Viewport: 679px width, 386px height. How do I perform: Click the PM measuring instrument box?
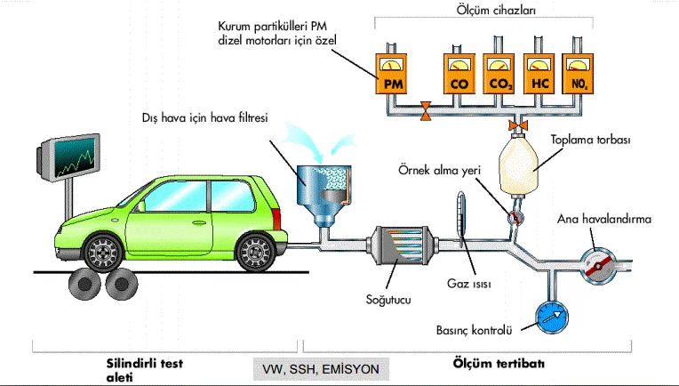tap(395, 76)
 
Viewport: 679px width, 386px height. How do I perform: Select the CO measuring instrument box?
tap(459, 76)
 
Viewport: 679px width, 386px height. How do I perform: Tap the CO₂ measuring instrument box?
tap(499, 76)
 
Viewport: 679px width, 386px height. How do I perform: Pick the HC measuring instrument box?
tap(539, 76)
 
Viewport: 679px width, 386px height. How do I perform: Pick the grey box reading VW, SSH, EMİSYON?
tap(319, 367)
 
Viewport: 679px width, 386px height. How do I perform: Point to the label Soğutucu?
tap(387, 301)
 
